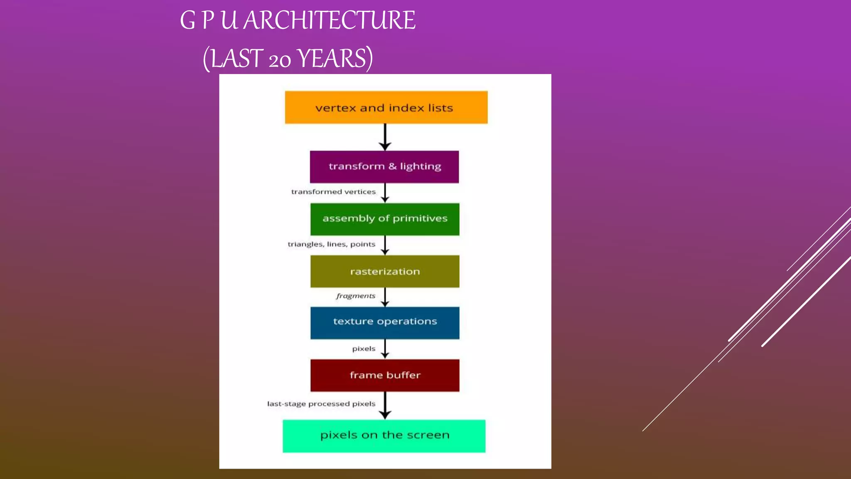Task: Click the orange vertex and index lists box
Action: pos(386,107)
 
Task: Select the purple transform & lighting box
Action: pos(384,167)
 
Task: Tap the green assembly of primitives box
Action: pos(385,219)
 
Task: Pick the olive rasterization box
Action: pos(385,272)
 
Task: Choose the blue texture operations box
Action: pos(385,323)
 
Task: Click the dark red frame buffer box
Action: pos(385,375)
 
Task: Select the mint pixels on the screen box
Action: pos(384,436)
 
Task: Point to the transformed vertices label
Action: pos(333,192)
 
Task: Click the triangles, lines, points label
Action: pos(331,244)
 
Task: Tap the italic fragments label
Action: pos(356,296)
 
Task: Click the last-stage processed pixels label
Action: pos(321,404)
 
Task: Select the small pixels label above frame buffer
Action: pos(364,348)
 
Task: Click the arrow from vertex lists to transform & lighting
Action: pos(385,137)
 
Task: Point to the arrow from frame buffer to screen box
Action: pos(385,405)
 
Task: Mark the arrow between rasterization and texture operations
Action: pos(385,297)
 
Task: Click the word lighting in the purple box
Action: pos(420,167)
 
